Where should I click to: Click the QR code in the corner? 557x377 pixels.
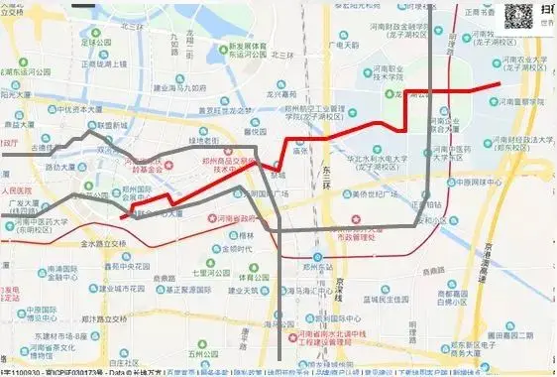pos(526,17)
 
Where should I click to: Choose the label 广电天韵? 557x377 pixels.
pos(347,45)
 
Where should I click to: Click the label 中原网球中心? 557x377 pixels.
pos(473,183)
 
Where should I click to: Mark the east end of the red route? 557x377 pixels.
pos(500,85)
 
